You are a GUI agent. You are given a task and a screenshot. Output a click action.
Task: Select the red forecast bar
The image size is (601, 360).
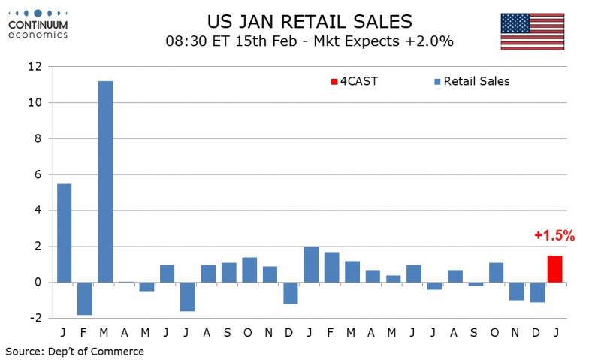click(x=554, y=269)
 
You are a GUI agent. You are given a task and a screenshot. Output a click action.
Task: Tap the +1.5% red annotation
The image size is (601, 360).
click(x=554, y=236)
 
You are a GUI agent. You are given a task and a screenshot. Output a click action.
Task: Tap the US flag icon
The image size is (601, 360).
click(x=532, y=32)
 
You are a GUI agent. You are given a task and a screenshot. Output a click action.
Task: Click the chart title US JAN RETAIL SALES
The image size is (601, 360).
click(x=310, y=21)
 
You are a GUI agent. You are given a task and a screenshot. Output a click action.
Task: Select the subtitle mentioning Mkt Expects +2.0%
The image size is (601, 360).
click(x=310, y=41)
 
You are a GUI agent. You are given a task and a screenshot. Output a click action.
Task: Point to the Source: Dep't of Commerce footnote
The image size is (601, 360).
click(x=74, y=351)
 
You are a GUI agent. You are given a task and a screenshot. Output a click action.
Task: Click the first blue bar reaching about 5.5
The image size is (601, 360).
click(x=65, y=233)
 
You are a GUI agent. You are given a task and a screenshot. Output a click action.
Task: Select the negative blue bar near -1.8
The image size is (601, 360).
click(x=85, y=298)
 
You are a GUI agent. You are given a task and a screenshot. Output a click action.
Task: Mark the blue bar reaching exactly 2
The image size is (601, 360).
click(x=310, y=265)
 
